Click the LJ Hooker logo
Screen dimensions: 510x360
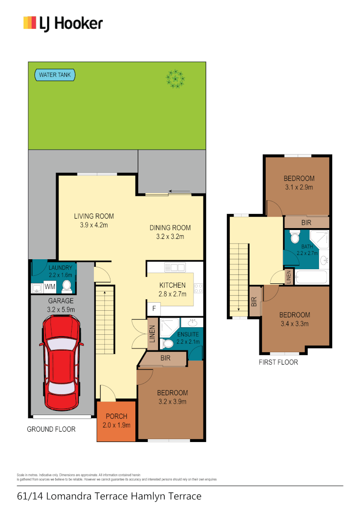(x=63, y=23)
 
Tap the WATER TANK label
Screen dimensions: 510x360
(x=55, y=75)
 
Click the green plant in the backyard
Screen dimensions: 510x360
(x=175, y=78)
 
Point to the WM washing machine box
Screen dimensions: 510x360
(x=50, y=286)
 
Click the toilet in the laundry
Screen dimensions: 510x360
(x=67, y=286)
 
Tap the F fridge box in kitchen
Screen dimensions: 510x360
(x=153, y=309)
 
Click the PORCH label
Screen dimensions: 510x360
(x=116, y=416)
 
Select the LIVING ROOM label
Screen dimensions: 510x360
(x=94, y=216)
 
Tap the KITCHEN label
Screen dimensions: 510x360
(x=172, y=285)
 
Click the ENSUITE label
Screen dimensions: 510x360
(x=187, y=334)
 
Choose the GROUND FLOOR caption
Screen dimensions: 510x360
(x=51, y=429)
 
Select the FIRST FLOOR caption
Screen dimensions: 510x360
(x=278, y=363)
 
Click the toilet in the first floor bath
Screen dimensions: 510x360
(x=295, y=236)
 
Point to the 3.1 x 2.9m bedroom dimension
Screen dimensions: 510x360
(x=299, y=187)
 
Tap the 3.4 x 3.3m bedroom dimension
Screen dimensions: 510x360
(x=294, y=323)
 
